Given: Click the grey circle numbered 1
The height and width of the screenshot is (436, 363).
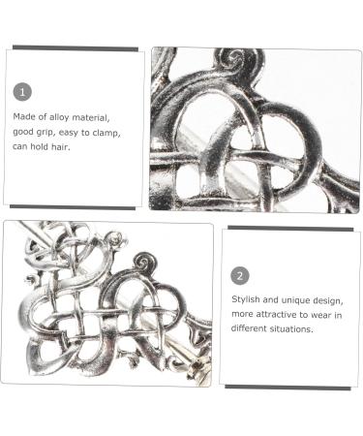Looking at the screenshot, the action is (x=22, y=92).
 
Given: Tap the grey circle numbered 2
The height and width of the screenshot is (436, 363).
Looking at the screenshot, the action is (x=240, y=276).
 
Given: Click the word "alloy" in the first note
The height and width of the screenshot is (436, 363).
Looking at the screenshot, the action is (x=59, y=117).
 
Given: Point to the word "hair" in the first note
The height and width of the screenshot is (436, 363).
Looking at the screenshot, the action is (x=60, y=146).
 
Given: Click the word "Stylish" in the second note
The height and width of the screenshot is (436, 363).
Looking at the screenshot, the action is (x=246, y=299).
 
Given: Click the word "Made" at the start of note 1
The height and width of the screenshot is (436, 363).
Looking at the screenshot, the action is (x=24, y=116).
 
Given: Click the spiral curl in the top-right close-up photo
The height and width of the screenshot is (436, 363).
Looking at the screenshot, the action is (x=236, y=60).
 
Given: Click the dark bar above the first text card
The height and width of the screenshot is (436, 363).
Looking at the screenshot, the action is (x=76, y=48).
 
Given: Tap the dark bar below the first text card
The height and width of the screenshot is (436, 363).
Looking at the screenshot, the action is (x=73, y=207).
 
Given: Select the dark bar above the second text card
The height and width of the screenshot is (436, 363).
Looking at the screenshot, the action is (x=290, y=229).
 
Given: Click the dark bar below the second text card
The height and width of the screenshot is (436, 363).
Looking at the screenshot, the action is (x=287, y=388).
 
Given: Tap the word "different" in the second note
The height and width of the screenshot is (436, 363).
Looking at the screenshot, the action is (x=247, y=328).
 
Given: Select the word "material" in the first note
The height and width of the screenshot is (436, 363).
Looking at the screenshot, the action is (x=91, y=117).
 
